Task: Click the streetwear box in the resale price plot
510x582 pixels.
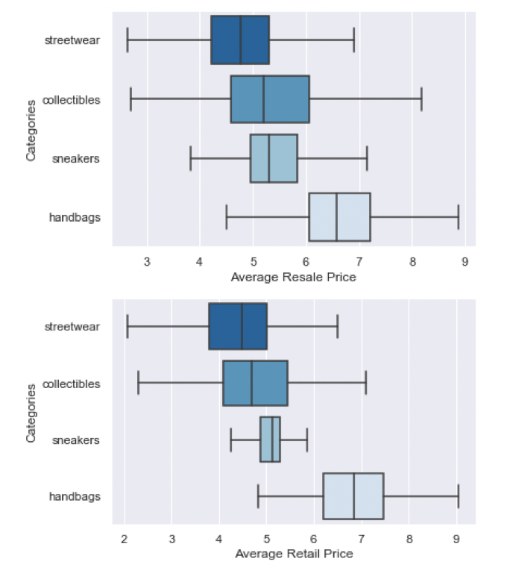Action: tap(240, 40)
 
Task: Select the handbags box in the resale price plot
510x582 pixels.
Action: tap(339, 217)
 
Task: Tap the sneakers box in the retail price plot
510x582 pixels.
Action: tap(270, 440)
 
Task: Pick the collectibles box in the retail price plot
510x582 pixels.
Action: tap(255, 384)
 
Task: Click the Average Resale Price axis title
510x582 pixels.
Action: tap(294, 278)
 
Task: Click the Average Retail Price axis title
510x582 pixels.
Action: tap(294, 554)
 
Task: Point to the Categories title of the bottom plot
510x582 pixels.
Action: tap(31, 413)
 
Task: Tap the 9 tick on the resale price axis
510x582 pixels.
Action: tap(465, 261)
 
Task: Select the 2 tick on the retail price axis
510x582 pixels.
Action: tap(125, 539)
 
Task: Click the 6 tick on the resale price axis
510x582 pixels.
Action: tap(306, 261)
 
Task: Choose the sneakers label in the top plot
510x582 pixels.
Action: tap(77, 158)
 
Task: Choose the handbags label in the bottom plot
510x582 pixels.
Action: tap(75, 496)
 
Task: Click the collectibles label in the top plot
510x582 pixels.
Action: tap(72, 99)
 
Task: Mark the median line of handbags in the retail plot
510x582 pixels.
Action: tap(354, 496)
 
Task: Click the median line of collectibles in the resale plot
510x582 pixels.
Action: tap(263, 99)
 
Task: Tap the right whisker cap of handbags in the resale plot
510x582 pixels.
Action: tap(458, 217)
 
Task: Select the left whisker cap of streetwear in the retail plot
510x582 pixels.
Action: tap(127, 326)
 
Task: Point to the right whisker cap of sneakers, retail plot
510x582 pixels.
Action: tap(307, 440)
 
